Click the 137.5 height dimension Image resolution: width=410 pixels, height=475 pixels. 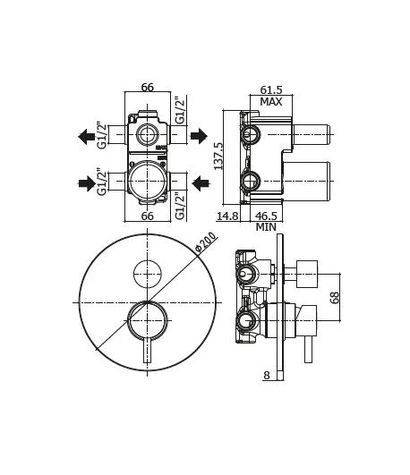click(218, 157)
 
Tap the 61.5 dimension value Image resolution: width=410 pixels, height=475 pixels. click(271, 90)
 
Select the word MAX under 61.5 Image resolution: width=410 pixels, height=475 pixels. click(271, 102)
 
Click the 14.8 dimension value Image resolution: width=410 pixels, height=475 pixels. click(227, 216)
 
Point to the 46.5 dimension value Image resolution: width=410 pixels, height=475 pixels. click(266, 216)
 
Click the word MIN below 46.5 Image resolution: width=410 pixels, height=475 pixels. click(266, 227)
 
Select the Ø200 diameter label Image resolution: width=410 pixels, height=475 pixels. click(206, 242)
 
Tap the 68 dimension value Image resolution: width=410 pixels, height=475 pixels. click(334, 298)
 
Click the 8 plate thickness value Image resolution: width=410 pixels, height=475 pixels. click(267, 376)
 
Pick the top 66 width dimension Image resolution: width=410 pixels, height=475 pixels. click(148, 88)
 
